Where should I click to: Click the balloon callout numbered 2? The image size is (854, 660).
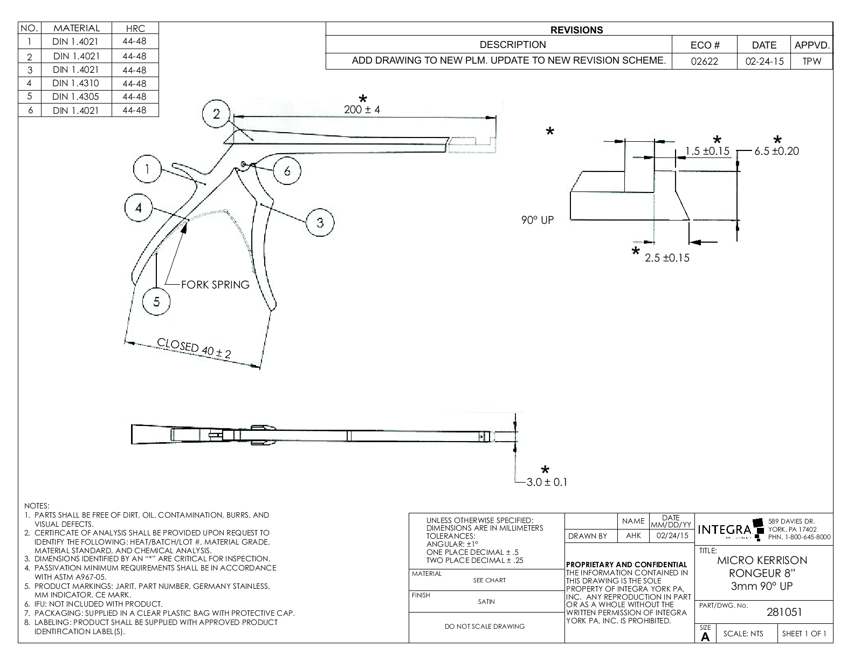click(x=216, y=114)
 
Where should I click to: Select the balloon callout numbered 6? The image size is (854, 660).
click(x=287, y=170)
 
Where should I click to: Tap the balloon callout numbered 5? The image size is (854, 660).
click(x=157, y=301)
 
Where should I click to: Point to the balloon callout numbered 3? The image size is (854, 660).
click(x=320, y=222)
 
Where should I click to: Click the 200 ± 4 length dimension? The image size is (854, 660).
click(x=362, y=109)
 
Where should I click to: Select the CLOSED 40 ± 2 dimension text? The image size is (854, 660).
click(x=194, y=348)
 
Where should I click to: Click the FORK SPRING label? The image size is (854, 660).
click(x=215, y=285)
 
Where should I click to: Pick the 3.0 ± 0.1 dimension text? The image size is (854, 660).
click(x=547, y=482)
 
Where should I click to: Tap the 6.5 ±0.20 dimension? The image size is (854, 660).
click(x=776, y=152)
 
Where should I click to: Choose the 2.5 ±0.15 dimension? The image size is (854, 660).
click(x=667, y=258)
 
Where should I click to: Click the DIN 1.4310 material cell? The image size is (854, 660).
click(x=75, y=83)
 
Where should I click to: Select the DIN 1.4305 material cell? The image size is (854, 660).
click(x=75, y=97)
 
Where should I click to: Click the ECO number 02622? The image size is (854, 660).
click(x=705, y=61)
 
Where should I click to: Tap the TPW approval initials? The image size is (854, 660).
click(x=811, y=61)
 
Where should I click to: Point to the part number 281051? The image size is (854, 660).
click(x=784, y=612)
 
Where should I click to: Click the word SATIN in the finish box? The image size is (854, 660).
click(x=486, y=602)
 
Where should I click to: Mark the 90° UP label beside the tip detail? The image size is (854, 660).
click(x=538, y=220)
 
